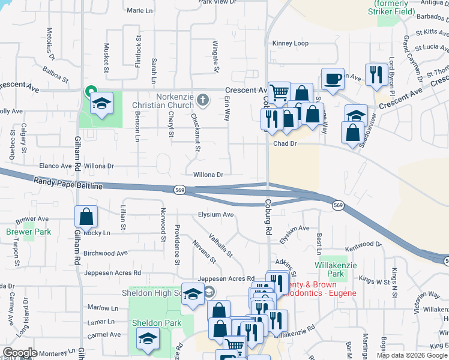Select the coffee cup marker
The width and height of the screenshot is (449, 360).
click(x=333, y=79)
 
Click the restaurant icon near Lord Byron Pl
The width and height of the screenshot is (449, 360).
click(x=376, y=74)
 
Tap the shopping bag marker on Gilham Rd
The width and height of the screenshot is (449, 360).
click(x=86, y=217)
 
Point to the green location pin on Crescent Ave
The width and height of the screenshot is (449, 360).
click(x=90, y=92)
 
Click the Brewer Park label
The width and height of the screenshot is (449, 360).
click(x=20, y=232)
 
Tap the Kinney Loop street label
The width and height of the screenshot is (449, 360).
click(x=290, y=43)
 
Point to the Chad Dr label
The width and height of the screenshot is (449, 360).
click(x=285, y=144)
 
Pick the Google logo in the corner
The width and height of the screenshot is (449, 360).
click(x=20, y=353)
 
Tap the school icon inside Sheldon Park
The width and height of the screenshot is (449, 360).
click(x=148, y=338)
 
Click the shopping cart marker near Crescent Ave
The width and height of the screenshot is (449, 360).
click(x=279, y=92)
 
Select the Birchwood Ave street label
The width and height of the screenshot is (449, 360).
click(x=106, y=253)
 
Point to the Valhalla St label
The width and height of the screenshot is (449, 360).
click(x=221, y=245)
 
